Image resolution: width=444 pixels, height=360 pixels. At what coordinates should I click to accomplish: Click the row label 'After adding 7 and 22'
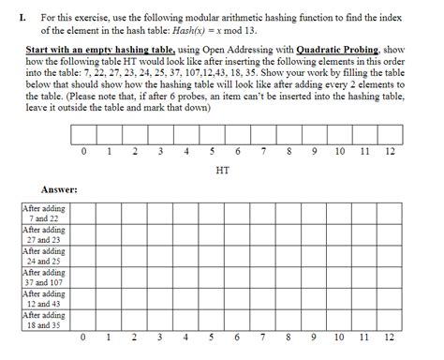pyautogui.click(x=45, y=212)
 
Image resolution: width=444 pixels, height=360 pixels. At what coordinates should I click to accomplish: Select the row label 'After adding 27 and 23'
pyautogui.click(x=45, y=233)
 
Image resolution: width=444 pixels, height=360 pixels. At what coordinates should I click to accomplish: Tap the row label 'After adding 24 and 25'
pyautogui.click(x=45, y=255)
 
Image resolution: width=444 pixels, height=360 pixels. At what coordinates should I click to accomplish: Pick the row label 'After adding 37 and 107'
pyautogui.click(x=45, y=277)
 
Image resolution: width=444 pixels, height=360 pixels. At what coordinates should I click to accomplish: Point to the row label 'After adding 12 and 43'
pyautogui.click(x=45, y=298)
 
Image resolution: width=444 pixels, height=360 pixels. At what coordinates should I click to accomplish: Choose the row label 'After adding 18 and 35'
pyautogui.click(x=45, y=320)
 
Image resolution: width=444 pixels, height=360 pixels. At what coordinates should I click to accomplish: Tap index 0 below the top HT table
pyautogui.click(x=84, y=152)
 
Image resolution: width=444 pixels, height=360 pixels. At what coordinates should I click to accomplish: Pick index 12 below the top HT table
pyautogui.click(x=390, y=152)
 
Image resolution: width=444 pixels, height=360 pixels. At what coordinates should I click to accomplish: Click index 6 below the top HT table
pyautogui.click(x=239, y=152)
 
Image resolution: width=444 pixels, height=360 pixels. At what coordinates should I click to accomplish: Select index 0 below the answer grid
pyautogui.click(x=84, y=337)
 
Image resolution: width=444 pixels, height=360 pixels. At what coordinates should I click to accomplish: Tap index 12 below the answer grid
pyautogui.click(x=390, y=337)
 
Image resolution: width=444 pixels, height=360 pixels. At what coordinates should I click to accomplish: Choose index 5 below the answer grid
pyautogui.click(x=214, y=337)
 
